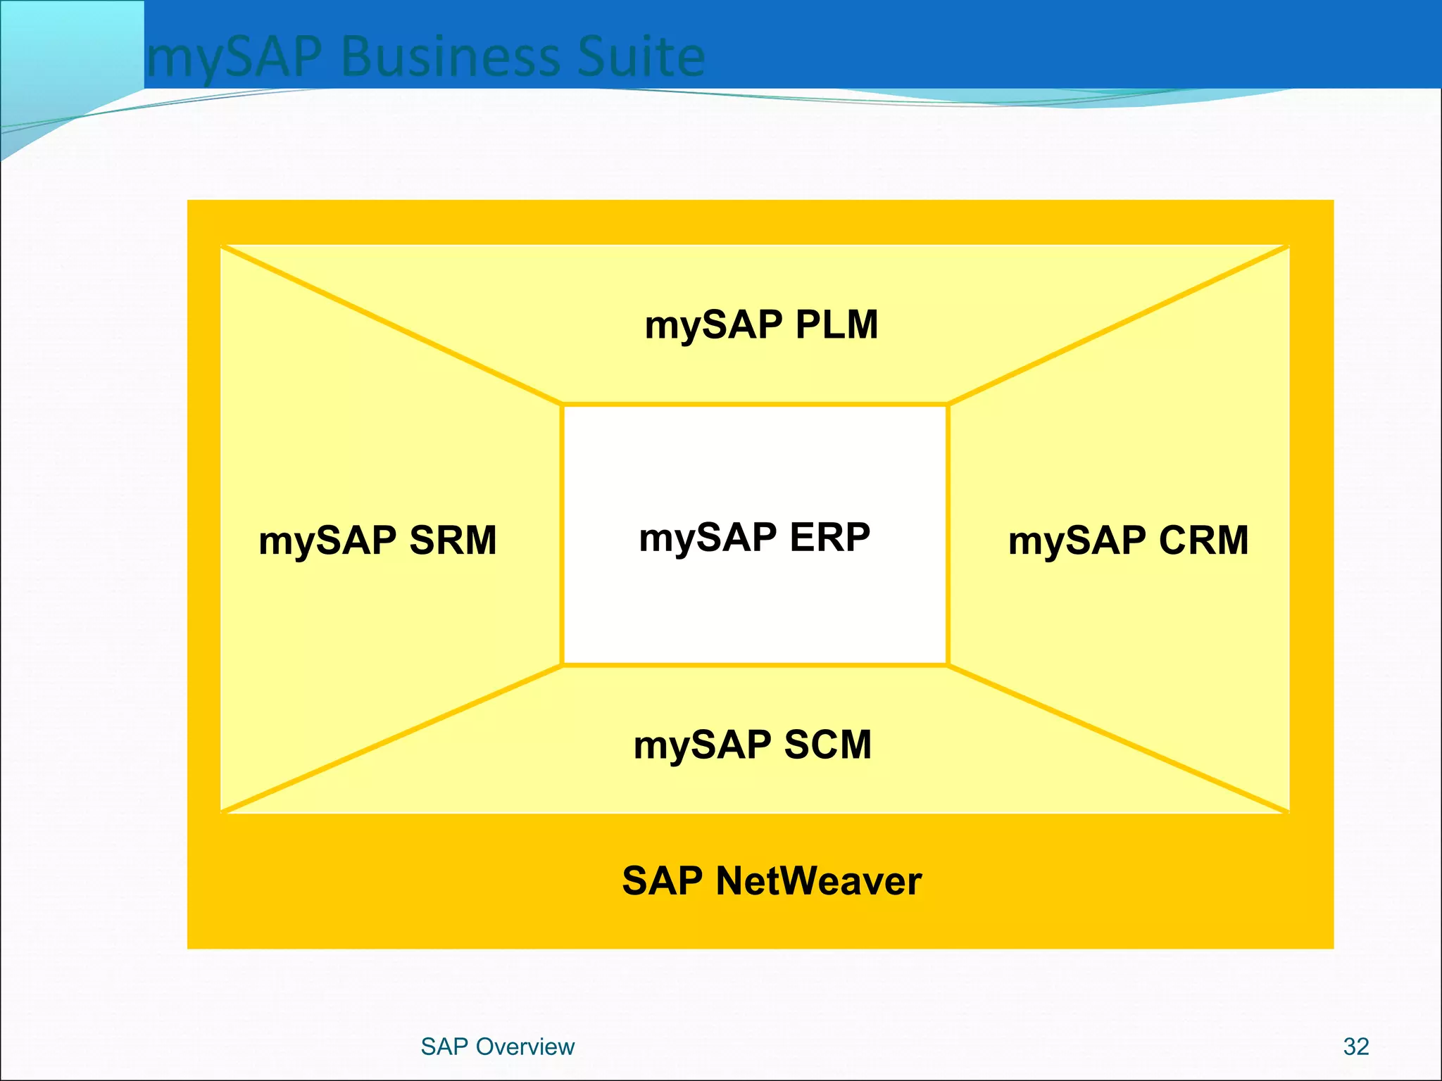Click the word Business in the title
[x=450, y=56]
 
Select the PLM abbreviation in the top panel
[x=836, y=325]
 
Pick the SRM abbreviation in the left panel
[x=453, y=540]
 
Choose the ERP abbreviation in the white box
[x=829, y=538]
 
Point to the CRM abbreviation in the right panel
[x=1203, y=540]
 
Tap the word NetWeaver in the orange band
[x=818, y=880]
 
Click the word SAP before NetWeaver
[x=663, y=880]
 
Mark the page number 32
[x=1355, y=1047]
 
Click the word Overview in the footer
[x=525, y=1047]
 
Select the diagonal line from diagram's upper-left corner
[x=391, y=325]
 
